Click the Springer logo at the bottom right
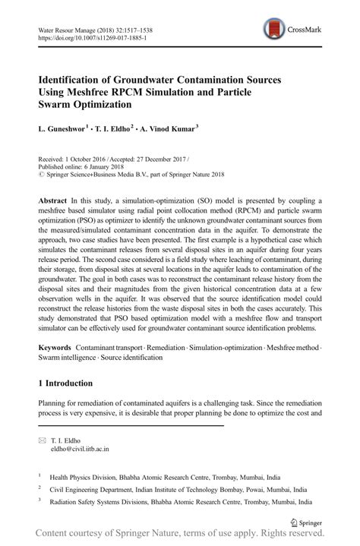[x=308, y=522]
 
